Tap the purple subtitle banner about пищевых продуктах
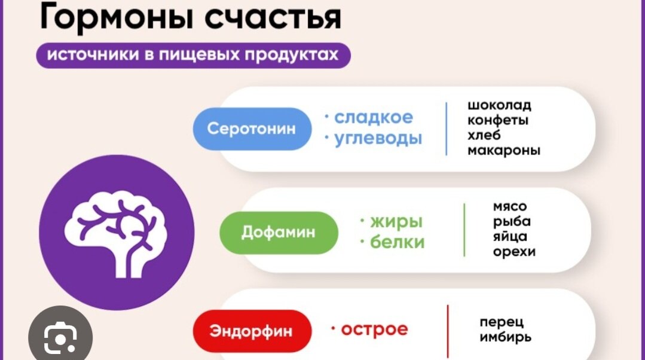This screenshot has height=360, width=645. click(192, 55)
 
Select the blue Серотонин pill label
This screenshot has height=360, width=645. click(252, 129)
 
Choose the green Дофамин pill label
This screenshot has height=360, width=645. click(278, 232)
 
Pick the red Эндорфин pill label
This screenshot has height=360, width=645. click(252, 331)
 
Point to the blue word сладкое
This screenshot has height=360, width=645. click(373, 117)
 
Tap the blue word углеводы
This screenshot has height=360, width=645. click(378, 139)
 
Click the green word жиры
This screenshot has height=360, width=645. click(396, 221)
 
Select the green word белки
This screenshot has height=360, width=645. click(397, 242)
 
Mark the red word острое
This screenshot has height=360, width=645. click(374, 329)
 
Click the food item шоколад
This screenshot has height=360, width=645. click(499, 106)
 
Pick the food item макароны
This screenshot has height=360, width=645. click(503, 150)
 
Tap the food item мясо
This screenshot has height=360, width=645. click(510, 207)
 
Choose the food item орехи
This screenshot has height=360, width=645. click(513, 252)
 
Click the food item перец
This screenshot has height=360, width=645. click(501, 322)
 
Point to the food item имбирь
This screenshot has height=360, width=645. click(505, 337)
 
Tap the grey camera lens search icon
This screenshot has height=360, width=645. click(60, 339)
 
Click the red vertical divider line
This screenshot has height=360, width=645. click(447, 332)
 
